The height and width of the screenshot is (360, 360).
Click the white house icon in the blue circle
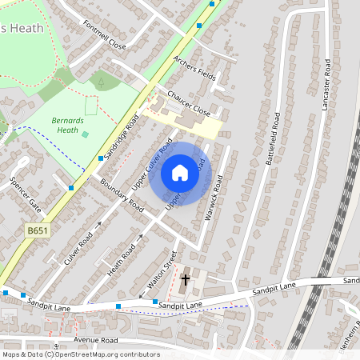point(180,173)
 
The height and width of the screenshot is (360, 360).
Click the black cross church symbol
point(186,280)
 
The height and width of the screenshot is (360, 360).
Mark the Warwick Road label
point(214,198)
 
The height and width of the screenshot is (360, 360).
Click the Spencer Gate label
point(24,195)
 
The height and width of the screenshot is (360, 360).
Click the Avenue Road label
point(95,340)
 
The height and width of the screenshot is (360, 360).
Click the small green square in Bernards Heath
point(86,134)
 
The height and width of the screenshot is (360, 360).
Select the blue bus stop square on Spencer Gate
point(71,187)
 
